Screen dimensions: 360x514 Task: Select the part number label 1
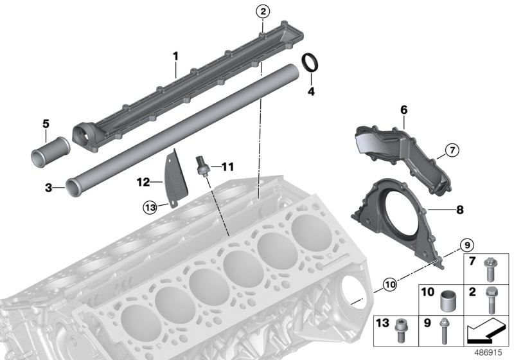pos(175,57)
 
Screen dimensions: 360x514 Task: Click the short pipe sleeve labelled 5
pos(46,155)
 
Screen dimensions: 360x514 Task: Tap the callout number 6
pos(404,111)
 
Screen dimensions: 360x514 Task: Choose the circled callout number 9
pos(467,244)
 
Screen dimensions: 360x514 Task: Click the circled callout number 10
pos(389,283)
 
